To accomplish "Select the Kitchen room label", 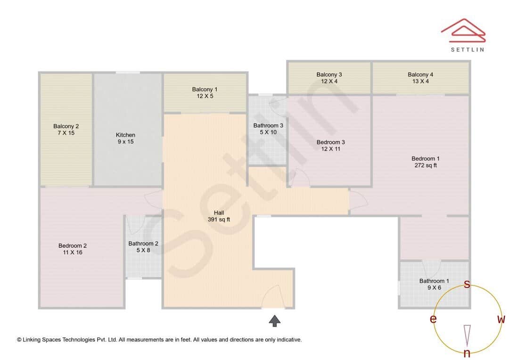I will (125, 138).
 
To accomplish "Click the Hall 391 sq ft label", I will (219, 216).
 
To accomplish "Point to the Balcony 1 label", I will (205, 93).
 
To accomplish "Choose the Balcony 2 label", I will (66, 130).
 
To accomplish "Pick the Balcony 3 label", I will (329, 78).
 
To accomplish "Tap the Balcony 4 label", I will (420, 78).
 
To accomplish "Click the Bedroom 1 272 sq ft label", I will (424, 162).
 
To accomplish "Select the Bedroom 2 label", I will (73, 249).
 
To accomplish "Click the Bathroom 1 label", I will (434, 284).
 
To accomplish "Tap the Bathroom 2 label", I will (143, 247).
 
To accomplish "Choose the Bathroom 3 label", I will (268, 129).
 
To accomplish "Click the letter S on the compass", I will (467, 284).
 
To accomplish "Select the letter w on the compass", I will (501, 319).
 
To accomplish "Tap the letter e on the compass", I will (433, 319).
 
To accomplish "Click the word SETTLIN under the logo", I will (467, 49).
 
